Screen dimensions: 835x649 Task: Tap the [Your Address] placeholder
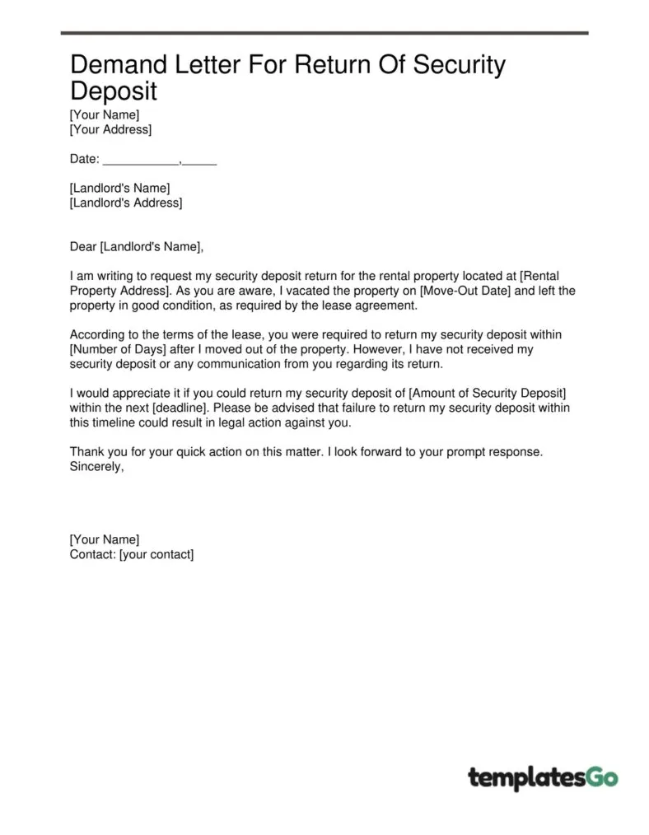pyautogui.click(x=110, y=129)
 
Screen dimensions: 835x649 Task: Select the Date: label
pyautogui.click(x=84, y=159)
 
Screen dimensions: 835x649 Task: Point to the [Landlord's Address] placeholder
pyautogui.click(x=126, y=203)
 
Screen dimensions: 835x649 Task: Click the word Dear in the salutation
pyautogui.click(x=83, y=246)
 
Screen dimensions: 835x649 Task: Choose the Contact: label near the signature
pyautogui.click(x=92, y=554)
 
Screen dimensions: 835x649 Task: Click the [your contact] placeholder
pyautogui.click(x=156, y=554)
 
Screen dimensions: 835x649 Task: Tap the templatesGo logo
pyautogui.click(x=543, y=777)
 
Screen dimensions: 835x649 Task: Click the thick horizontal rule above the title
pyautogui.click(x=324, y=33)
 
